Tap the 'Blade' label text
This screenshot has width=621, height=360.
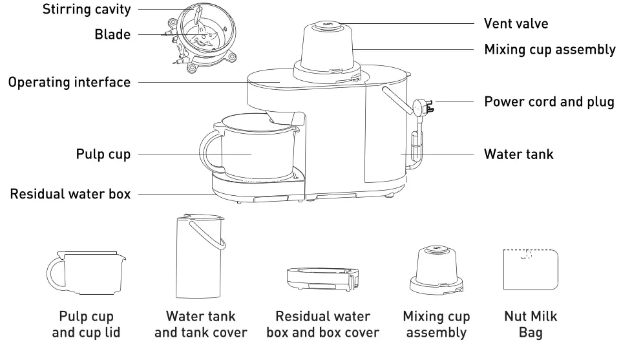coord(112,35)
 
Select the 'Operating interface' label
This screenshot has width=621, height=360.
coord(69,83)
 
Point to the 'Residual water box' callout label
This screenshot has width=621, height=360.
coord(70,194)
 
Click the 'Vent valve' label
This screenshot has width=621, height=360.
coord(516,24)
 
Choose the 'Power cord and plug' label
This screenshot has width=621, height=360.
coord(549,102)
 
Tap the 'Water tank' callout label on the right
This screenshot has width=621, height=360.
coord(518,154)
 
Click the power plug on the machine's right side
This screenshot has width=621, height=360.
coord(424,105)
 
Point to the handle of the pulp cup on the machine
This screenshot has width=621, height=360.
coord(209,149)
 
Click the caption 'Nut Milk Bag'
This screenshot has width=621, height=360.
coord(529,325)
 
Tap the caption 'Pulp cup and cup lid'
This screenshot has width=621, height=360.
coord(86,325)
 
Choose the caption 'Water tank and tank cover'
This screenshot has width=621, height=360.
coord(200,325)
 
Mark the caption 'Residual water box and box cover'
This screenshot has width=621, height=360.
coord(322,325)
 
